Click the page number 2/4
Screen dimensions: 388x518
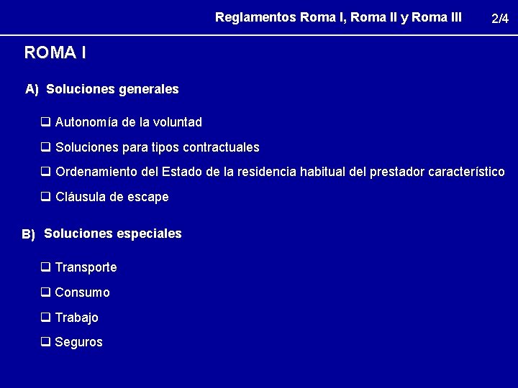point(499,19)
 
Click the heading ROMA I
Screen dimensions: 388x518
point(55,52)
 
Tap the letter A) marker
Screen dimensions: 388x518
point(32,90)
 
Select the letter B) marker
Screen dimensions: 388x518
point(29,234)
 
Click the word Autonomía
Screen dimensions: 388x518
point(86,122)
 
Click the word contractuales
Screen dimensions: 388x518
point(221,147)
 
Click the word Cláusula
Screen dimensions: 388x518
point(80,197)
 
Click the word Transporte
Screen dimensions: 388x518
point(86,267)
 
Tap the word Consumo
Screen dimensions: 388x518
point(82,292)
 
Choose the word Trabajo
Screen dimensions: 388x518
point(76,318)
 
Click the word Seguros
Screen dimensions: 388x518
point(78,343)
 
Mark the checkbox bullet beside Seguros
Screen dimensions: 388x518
point(45,342)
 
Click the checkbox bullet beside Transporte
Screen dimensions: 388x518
point(45,267)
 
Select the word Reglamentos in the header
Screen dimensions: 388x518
point(255,17)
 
